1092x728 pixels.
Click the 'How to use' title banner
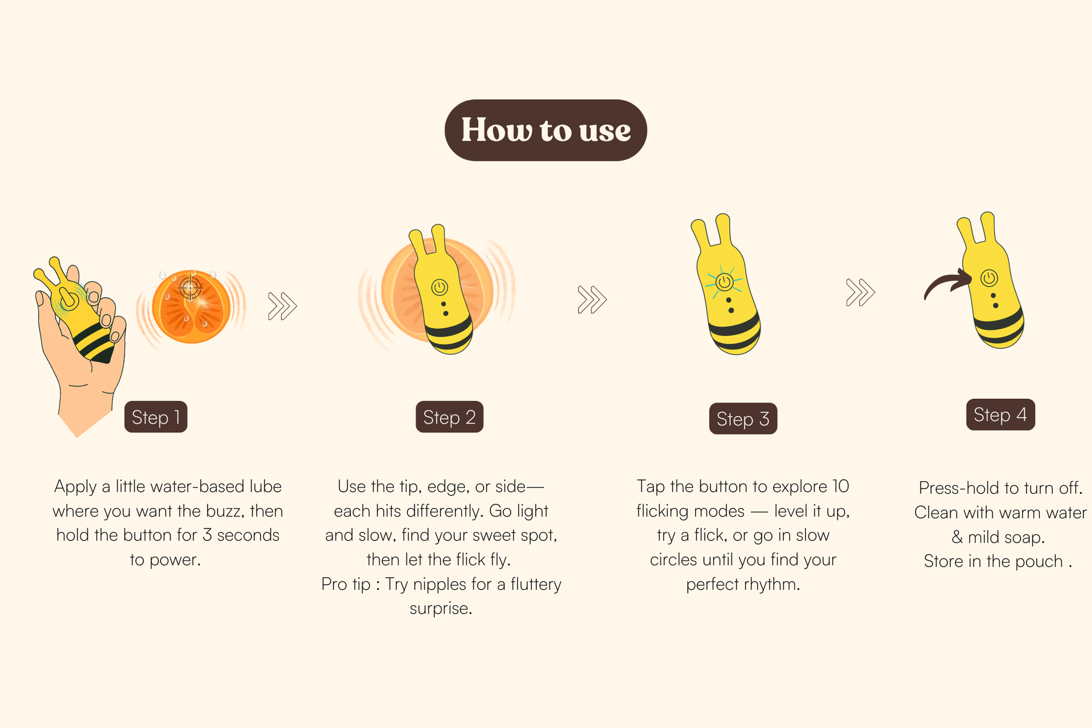pyautogui.click(x=546, y=130)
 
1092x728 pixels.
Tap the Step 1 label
pyautogui.click(x=156, y=417)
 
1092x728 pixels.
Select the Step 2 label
pyautogui.click(x=449, y=417)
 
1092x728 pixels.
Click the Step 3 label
pyautogui.click(x=743, y=419)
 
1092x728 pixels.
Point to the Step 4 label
pyautogui.click(x=1000, y=415)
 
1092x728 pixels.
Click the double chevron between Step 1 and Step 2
pyautogui.click(x=283, y=306)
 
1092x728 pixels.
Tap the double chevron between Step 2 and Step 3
pyautogui.click(x=592, y=300)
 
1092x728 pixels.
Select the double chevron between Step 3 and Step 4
pyautogui.click(x=861, y=292)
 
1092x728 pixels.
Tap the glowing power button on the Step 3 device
pyautogui.click(x=725, y=282)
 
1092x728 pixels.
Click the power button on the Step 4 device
pyautogui.click(x=989, y=278)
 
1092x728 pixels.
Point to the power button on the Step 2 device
pyautogui.click(x=440, y=287)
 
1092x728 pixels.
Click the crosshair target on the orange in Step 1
pyautogui.click(x=191, y=288)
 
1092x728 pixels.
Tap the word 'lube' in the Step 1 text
pyautogui.click(x=263, y=486)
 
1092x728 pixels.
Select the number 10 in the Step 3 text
pyautogui.click(x=841, y=486)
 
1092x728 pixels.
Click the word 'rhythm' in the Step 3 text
pyautogui.click(x=770, y=585)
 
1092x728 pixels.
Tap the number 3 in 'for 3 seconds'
pyautogui.click(x=208, y=535)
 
